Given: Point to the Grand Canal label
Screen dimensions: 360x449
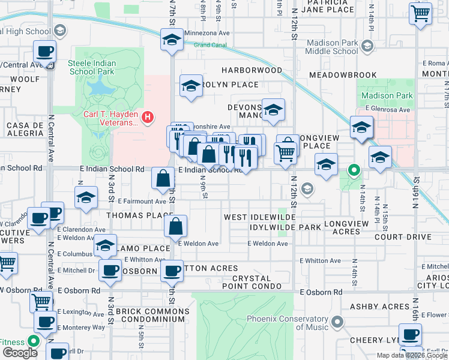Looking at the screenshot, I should (x=209, y=45).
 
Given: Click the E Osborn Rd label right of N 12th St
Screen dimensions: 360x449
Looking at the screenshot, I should (x=321, y=292).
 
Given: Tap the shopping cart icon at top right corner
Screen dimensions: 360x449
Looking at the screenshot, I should (x=420, y=13).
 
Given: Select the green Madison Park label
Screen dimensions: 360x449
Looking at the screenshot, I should (x=388, y=95).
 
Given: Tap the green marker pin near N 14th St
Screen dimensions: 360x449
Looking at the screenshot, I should (x=354, y=171).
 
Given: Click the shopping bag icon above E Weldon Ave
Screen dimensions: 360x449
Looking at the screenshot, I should (x=176, y=227).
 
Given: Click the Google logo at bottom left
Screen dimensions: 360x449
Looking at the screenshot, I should (x=20, y=353).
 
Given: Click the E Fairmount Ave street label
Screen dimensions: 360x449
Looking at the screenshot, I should (x=142, y=202).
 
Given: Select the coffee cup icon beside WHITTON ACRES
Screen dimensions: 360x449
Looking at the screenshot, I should (x=172, y=270).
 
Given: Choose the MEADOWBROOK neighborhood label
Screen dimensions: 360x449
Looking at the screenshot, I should (x=343, y=75).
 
